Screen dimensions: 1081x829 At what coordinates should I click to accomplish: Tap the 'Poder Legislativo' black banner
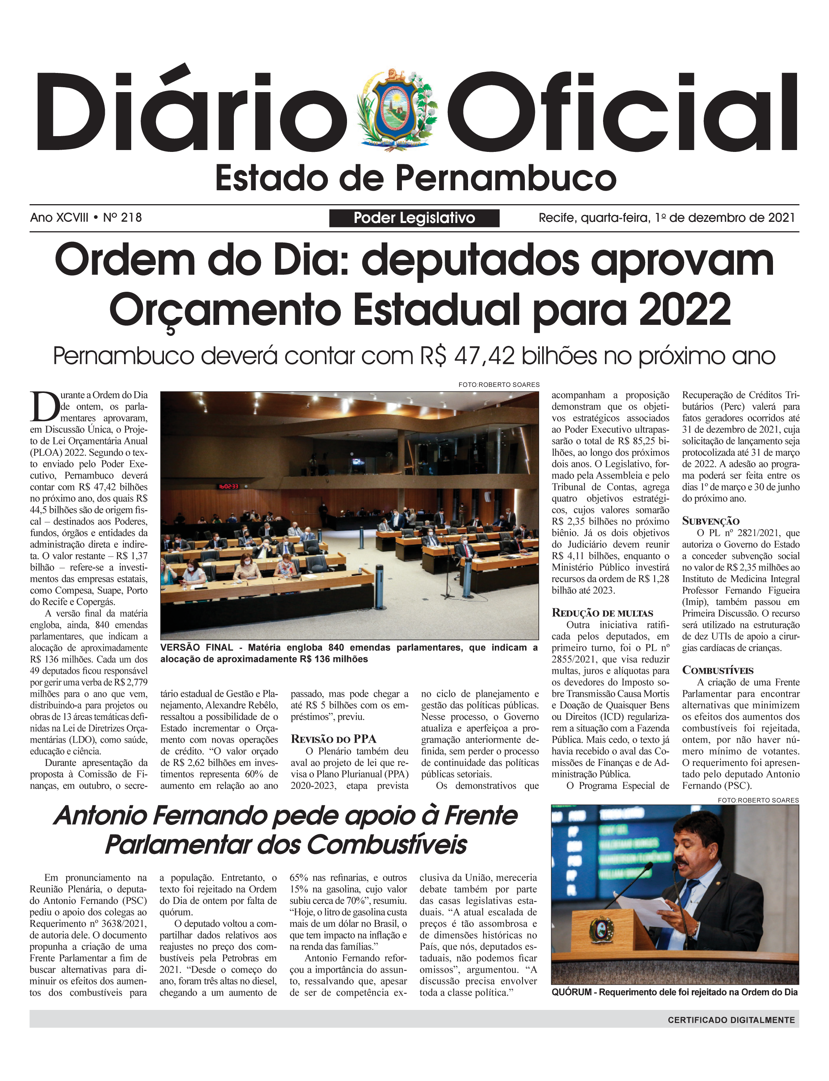(414, 218)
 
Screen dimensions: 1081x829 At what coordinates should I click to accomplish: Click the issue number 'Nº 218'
(123, 218)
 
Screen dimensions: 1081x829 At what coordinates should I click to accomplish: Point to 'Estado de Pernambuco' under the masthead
(415, 179)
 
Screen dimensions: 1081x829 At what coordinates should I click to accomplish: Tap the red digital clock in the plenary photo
(229, 487)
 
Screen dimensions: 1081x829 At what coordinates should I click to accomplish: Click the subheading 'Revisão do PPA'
(333, 738)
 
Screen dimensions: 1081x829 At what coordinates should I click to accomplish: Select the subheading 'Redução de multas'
(602, 613)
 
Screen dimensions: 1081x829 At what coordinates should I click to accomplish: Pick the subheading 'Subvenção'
(711, 521)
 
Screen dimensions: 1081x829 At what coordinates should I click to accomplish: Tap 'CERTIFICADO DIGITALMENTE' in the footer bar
(731, 1020)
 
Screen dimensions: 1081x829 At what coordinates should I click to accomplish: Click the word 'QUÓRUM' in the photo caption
(571, 992)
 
